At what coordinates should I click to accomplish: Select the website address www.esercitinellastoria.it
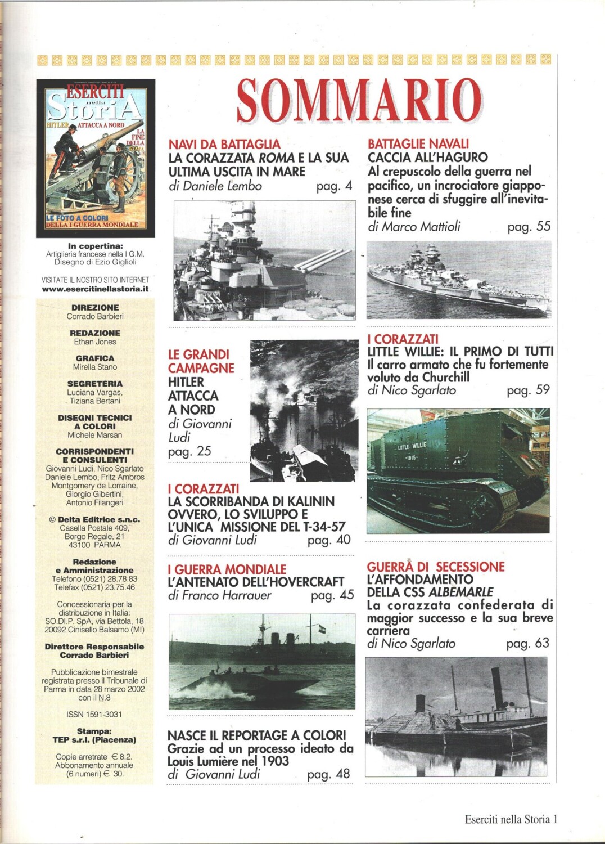tap(96, 289)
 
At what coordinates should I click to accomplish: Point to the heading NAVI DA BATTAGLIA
tap(224, 145)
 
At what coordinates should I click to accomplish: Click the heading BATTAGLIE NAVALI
tap(418, 144)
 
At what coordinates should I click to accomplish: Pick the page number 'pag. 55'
tap(529, 227)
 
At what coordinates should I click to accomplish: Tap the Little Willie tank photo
tap(458, 470)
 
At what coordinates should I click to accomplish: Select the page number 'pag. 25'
tap(189, 452)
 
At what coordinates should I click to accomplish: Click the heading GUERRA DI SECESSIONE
tap(436, 567)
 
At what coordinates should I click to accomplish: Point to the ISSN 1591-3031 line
tap(94, 714)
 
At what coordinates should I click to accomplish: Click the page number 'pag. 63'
tap(527, 643)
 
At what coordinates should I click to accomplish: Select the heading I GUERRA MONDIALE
tap(227, 569)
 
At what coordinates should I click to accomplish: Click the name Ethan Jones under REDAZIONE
tap(95, 342)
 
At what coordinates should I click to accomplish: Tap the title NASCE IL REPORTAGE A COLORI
tap(256, 735)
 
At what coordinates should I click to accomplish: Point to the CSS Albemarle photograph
tap(455, 716)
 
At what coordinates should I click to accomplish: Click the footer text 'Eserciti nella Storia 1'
tap(510, 819)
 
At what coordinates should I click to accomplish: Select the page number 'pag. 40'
tap(329, 540)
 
